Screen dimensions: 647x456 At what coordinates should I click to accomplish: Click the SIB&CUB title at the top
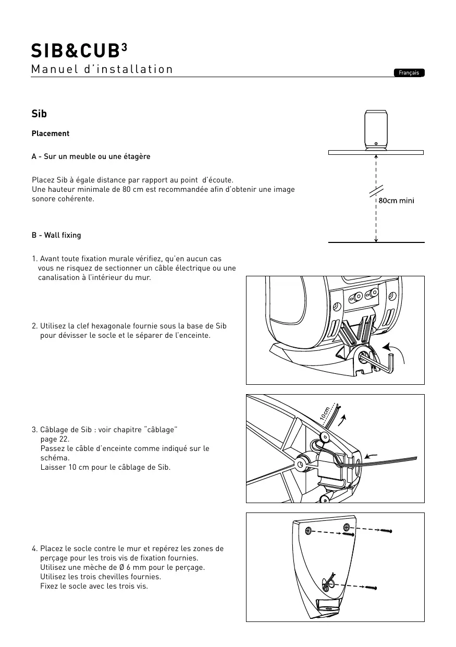[x=76, y=51]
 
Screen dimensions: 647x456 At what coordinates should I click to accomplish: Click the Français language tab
[x=409, y=73]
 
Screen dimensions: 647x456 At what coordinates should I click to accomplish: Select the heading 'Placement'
[x=51, y=133]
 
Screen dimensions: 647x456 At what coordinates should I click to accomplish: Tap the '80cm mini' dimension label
[x=396, y=201]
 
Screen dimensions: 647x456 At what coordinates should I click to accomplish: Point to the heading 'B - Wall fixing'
[x=56, y=235]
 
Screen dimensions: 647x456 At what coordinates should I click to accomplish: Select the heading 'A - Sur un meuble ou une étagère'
[x=91, y=156]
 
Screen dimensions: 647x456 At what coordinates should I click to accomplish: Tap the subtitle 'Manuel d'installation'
[x=102, y=69]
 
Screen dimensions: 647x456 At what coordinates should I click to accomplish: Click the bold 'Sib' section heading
[x=39, y=114]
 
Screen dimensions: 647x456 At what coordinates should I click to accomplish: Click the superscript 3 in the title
[x=124, y=46]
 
